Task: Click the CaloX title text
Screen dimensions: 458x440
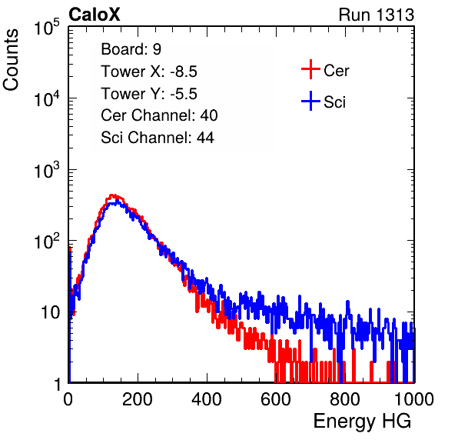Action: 94,15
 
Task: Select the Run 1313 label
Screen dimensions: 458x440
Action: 377,15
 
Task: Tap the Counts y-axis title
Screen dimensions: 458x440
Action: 11,60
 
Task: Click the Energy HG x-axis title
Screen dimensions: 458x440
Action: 362,422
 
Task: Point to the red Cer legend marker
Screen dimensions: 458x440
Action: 310,69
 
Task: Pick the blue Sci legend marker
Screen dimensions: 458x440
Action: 310,102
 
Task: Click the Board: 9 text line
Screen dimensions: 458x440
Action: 131,49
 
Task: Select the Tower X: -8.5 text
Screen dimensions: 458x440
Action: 149,72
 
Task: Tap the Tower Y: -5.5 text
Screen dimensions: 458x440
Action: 149,94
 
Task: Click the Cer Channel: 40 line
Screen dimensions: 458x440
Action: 159,115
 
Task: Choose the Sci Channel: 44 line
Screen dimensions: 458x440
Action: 158,138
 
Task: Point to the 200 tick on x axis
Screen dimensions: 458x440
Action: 138,399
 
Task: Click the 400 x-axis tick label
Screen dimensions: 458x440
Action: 207,399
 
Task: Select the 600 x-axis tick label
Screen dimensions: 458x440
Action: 276,399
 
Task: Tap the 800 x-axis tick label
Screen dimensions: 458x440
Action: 345,399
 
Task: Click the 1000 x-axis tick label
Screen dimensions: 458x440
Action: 414,399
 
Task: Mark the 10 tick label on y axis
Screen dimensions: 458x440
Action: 51,312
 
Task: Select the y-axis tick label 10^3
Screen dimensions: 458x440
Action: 47,170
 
